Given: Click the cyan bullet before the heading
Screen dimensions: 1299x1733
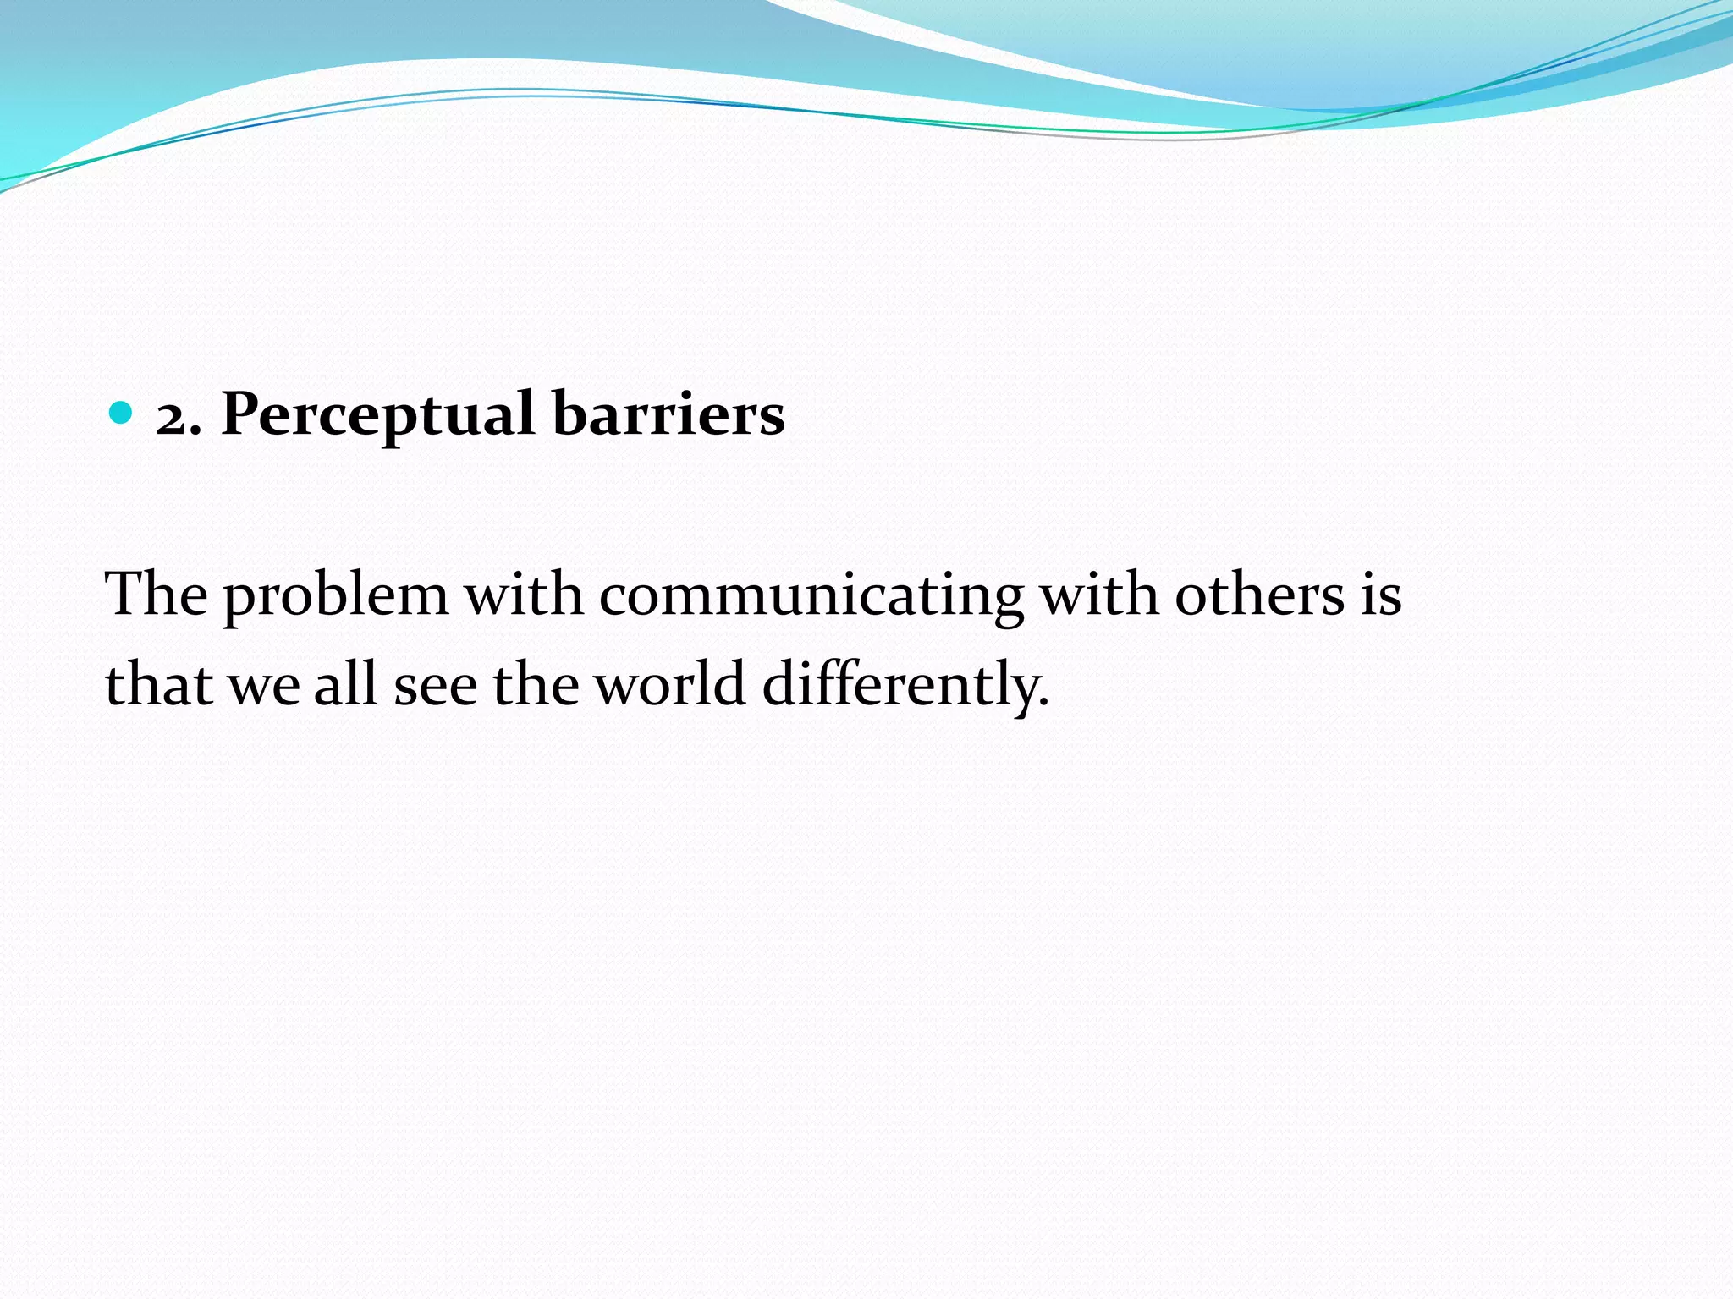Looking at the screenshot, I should (122, 414).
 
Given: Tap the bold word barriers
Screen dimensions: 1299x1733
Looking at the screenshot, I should (668, 414).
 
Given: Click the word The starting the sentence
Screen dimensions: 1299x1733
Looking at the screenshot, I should (157, 594).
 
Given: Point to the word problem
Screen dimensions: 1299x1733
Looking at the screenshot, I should (336, 597).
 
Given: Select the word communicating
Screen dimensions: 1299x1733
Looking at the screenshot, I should (811, 597).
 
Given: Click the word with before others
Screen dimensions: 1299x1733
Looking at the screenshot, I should (1098, 594).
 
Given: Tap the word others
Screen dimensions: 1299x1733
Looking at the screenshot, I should (1259, 594).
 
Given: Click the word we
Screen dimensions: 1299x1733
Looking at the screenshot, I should (264, 687).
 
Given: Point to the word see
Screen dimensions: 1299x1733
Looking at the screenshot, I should (436, 687).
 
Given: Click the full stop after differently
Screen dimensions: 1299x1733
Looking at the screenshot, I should (1044, 703).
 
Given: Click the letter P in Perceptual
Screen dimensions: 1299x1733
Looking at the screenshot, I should (239, 414).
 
